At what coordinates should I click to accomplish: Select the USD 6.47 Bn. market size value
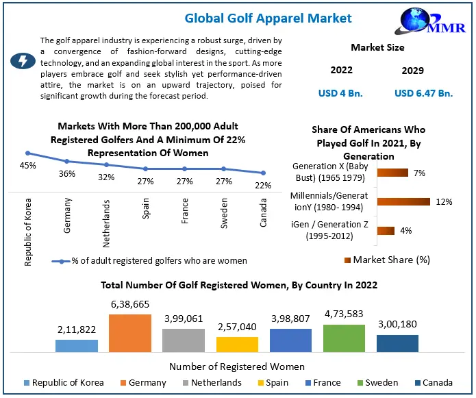[x=424, y=93]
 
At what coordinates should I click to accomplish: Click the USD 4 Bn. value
[x=341, y=93]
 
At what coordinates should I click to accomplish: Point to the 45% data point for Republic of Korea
[x=27, y=153]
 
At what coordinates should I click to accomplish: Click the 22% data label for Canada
[x=264, y=185]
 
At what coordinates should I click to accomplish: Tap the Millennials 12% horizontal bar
[x=403, y=201]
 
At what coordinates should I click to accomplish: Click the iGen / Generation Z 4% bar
[x=386, y=231]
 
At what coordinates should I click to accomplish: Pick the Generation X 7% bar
[x=392, y=173]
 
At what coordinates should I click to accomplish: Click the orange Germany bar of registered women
[x=129, y=332]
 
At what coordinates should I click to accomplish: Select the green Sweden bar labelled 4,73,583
[x=344, y=338]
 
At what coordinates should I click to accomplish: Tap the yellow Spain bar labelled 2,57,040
[x=237, y=344]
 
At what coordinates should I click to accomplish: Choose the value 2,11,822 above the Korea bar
[x=76, y=329]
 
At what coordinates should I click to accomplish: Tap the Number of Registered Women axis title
[x=237, y=366]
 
